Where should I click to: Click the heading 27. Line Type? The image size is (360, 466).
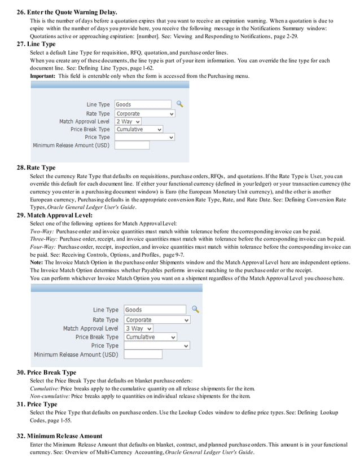[x=36, y=44]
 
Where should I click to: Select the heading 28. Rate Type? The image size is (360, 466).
[x=36, y=168]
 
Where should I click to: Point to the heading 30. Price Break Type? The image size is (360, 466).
[x=46, y=372]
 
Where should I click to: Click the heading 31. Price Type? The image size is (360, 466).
[x=37, y=404]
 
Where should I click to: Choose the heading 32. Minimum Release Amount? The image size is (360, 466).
[x=59, y=436]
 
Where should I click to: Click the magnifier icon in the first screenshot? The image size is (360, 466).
[x=180, y=104]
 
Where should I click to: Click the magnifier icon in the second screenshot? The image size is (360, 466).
[x=196, y=309]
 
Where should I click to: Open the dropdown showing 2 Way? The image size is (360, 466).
[x=128, y=121]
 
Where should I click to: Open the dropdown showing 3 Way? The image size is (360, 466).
[x=138, y=328]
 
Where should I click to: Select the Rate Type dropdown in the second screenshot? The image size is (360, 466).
[x=157, y=319]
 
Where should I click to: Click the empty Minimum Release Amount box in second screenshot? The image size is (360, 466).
[x=143, y=354]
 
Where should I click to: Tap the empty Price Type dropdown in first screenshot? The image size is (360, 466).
[x=144, y=137]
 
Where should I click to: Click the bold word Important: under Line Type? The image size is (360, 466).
[x=43, y=76]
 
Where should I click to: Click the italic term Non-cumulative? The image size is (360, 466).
[x=50, y=396]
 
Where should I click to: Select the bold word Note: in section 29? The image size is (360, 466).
[x=36, y=262]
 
